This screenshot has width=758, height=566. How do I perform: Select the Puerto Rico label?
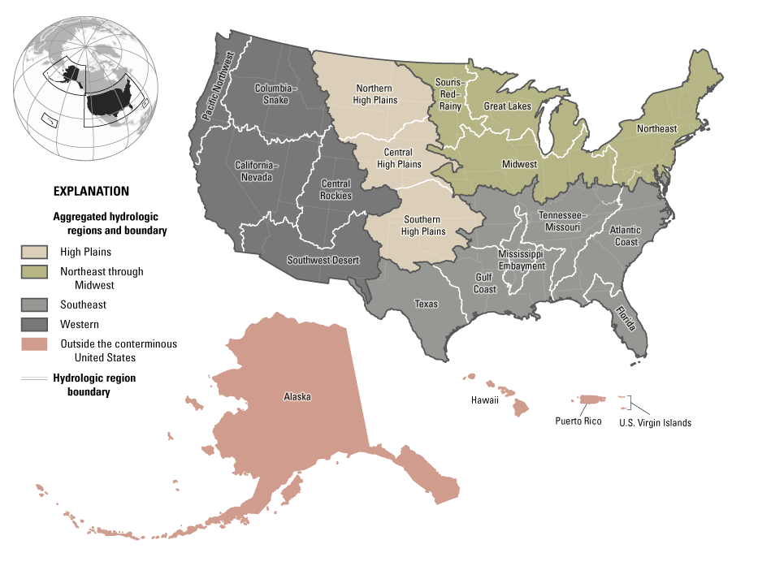point(578,421)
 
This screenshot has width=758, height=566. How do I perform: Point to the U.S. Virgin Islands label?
point(655,422)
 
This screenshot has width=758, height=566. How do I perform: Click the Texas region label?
point(426,305)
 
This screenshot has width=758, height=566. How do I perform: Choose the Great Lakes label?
point(507,106)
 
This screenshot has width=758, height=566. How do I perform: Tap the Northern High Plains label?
point(375,94)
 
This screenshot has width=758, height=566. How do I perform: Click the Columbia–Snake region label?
point(276,93)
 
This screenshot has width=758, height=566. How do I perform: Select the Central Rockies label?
point(336,190)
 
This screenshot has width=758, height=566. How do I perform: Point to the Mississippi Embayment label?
point(520,260)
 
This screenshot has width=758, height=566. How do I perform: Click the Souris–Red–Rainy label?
point(448,94)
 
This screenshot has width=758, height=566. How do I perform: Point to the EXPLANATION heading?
point(91,192)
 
